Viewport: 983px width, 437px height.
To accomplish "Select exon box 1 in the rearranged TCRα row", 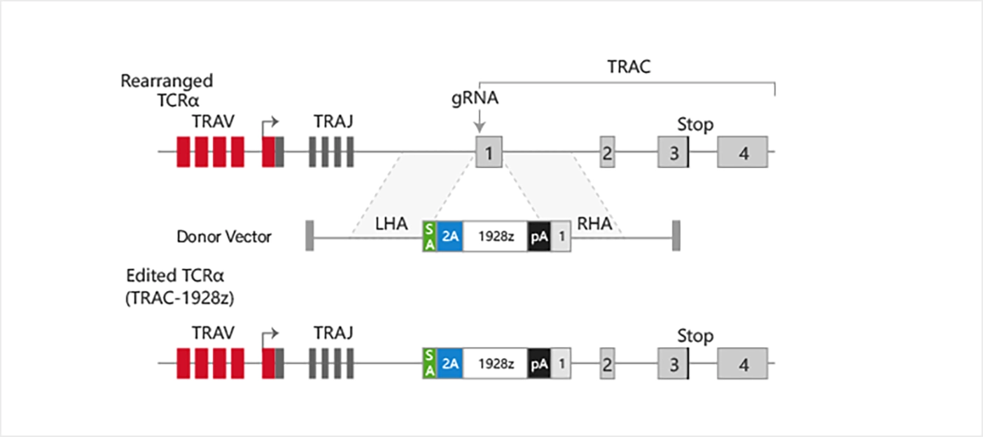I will [x=489, y=152].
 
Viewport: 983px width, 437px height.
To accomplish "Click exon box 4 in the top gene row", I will [x=743, y=152].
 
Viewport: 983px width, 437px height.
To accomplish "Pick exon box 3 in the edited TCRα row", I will [x=673, y=364].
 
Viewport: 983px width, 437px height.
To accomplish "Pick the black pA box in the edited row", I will [x=539, y=364].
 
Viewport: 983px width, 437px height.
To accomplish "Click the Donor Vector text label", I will [x=224, y=237].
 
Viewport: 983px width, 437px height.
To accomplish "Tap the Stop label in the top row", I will [x=695, y=125].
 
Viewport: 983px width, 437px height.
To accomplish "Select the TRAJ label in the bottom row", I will [x=333, y=331].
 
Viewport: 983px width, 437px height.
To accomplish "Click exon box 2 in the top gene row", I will [x=607, y=152].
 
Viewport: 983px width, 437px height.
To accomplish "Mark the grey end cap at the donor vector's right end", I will [x=676, y=237].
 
